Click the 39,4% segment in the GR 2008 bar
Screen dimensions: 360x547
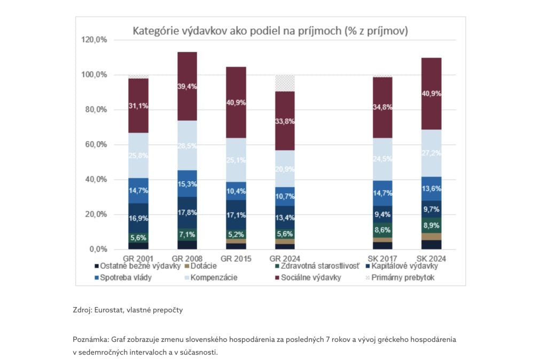pyautogui.click(x=187, y=87)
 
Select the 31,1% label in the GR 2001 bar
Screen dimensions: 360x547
pyautogui.click(x=138, y=106)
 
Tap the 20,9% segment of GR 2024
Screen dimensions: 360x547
pyautogui.click(x=285, y=169)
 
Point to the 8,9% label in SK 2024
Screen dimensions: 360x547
pyautogui.click(x=431, y=226)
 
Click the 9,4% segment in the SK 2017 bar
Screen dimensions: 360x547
pyautogui.click(x=382, y=215)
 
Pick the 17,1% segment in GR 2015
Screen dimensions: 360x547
pyautogui.click(x=236, y=215)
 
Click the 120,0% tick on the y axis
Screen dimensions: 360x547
pyautogui.click(x=93, y=40)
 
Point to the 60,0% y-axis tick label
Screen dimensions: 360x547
pyautogui.click(x=95, y=145)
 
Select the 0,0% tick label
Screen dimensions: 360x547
pyautogui.click(x=97, y=249)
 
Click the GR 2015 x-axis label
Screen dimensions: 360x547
pyautogui.click(x=236, y=259)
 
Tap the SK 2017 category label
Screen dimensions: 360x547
pyautogui.click(x=382, y=259)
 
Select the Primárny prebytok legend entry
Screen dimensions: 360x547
pyautogui.click(x=404, y=278)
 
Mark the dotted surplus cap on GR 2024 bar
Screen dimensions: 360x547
pyautogui.click(x=285, y=83)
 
